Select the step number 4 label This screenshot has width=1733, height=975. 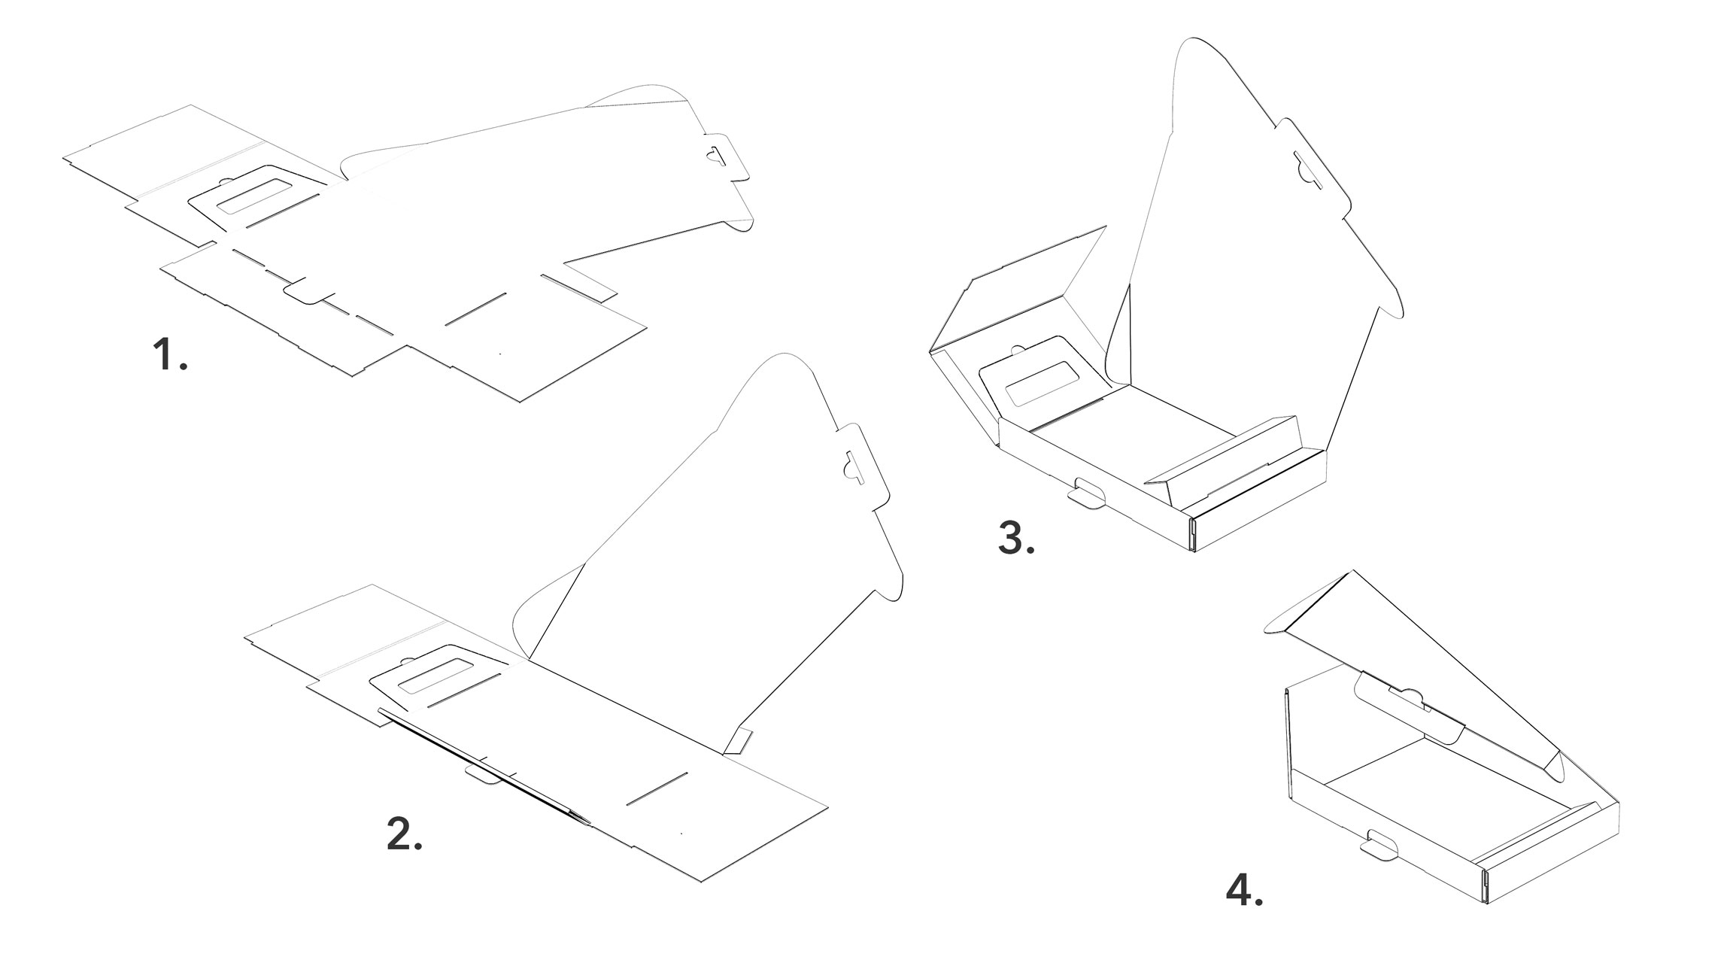tap(1243, 891)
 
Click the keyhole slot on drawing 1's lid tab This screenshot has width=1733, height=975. tap(713, 154)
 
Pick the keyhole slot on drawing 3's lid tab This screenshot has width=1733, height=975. tap(1309, 169)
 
